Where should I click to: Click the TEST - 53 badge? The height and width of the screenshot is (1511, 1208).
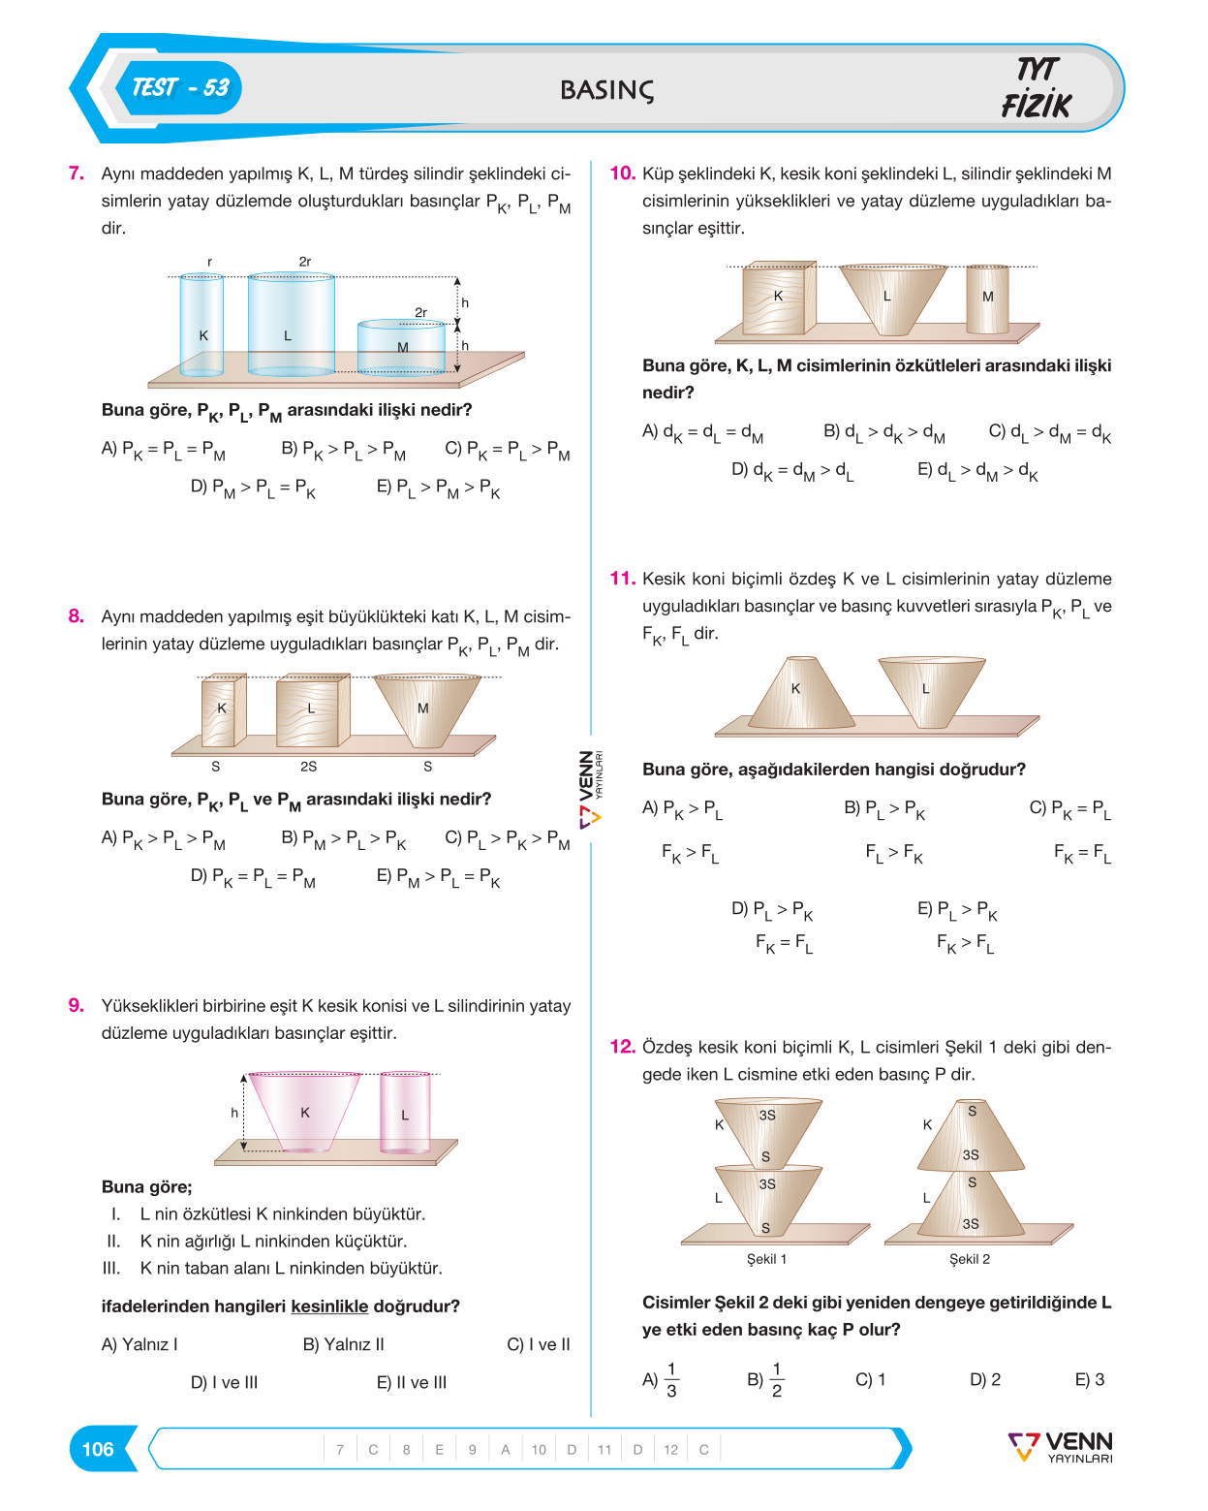(179, 88)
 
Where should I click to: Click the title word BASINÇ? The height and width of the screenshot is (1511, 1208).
(607, 90)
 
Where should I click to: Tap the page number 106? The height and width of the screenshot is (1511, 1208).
(98, 1449)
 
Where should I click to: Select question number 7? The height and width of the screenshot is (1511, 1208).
(77, 173)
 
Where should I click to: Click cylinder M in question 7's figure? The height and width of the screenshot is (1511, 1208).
(401, 347)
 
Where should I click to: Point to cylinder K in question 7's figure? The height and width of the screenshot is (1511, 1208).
(201, 325)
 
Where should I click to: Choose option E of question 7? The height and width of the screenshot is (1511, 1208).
(438, 488)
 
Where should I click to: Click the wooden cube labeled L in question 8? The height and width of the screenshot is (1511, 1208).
(312, 709)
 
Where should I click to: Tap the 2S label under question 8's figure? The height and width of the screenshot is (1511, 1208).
(308, 766)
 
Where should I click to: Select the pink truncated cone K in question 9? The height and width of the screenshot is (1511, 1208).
(304, 1112)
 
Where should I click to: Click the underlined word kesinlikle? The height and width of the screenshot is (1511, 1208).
(329, 1306)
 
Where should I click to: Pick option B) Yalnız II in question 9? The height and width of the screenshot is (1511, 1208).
(343, 1344)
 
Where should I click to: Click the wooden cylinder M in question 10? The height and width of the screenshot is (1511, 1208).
(987, 299)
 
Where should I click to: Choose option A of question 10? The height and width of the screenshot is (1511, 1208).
(702, 433)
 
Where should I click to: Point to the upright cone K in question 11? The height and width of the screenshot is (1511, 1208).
(801, 692)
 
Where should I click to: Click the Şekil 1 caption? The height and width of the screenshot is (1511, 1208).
(766, 1259)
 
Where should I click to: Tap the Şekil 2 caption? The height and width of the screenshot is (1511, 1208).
(970, 1259)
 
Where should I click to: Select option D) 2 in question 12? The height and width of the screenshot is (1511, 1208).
(985, 1379)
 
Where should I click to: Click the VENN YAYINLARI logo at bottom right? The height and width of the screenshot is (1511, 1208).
(1060, 1447)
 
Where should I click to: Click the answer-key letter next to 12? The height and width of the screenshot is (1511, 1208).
(704, 1449)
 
